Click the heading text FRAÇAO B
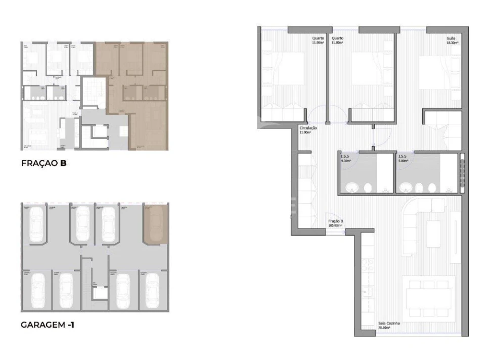(x=44, y=163)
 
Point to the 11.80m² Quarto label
(x=337, y=40)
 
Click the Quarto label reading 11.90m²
(x=318, y=40)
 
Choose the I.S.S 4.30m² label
(x=345, y=159)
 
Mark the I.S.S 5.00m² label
(x=404, y=159)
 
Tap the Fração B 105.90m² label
(x=336, y=223)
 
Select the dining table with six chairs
(x=428, y=299)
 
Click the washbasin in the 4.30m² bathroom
(x=352, y=189)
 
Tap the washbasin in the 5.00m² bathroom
(x=406, y=189)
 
